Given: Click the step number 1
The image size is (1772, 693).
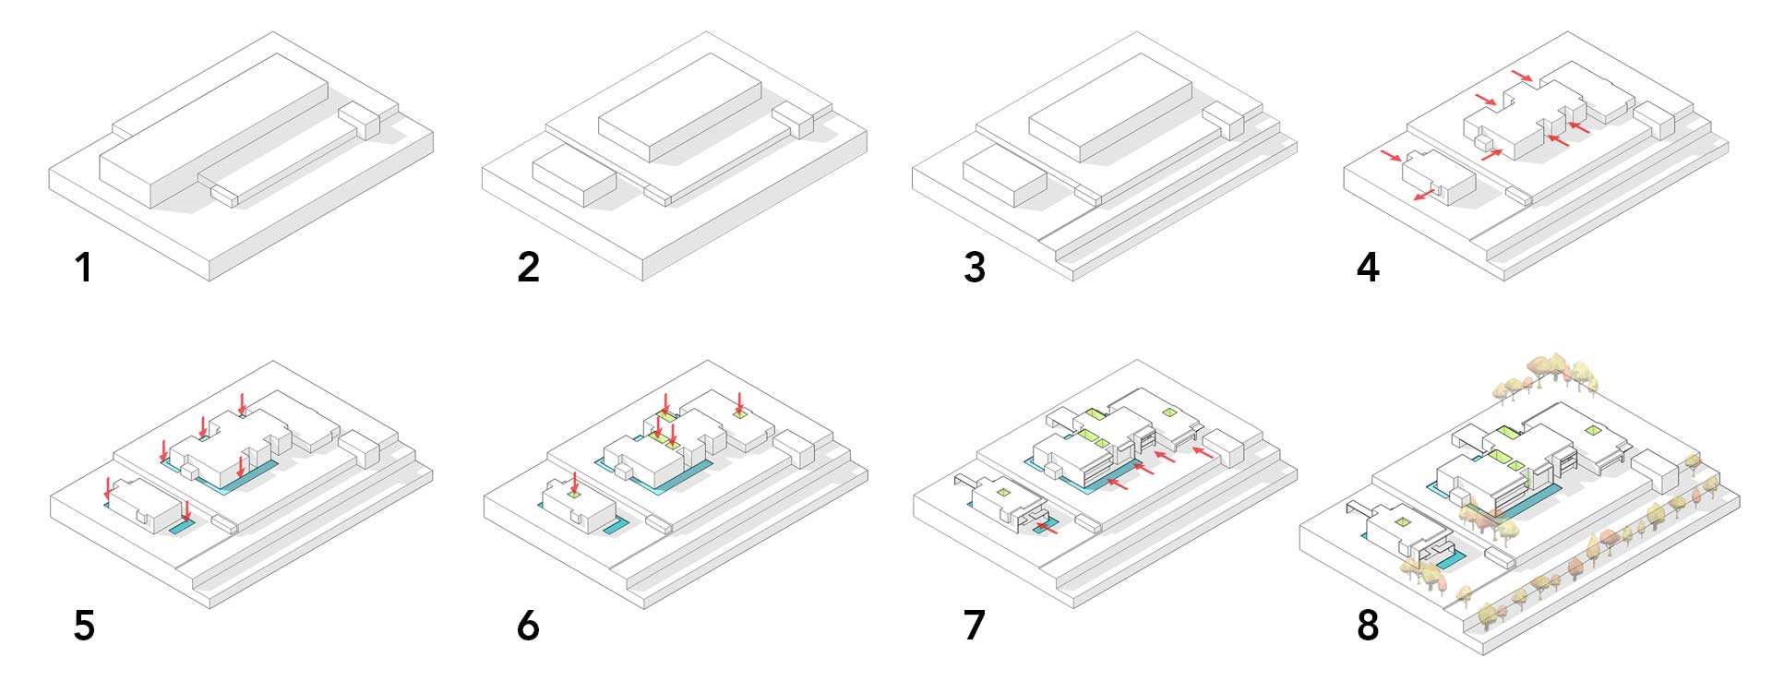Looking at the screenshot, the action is [x=84, y=268].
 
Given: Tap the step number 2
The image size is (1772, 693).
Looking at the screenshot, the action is [x=528, y=268].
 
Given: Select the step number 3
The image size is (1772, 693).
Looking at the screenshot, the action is [x=975, y=268].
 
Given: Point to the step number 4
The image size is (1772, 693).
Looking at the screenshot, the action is [x=1368, y=268].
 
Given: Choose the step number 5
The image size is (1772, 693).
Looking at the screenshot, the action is [x=84, y=626].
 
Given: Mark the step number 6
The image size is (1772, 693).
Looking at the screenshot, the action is [x=528, y=626].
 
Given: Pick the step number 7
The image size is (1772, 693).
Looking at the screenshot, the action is [x=975, y=626].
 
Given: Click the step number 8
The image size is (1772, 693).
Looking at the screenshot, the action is [x=1368, y=626].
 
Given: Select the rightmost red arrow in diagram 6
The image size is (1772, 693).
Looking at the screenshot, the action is [x=738, y=404].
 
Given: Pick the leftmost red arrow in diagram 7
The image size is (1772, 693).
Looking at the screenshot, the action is [x=1047, y=528].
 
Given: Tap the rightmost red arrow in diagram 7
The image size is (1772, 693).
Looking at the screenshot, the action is [x=1203, y=452].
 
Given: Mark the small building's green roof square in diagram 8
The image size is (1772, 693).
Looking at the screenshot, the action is [x=1402, y=523].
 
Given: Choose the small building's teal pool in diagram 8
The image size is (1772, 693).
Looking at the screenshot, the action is [x=1447, y=559].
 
